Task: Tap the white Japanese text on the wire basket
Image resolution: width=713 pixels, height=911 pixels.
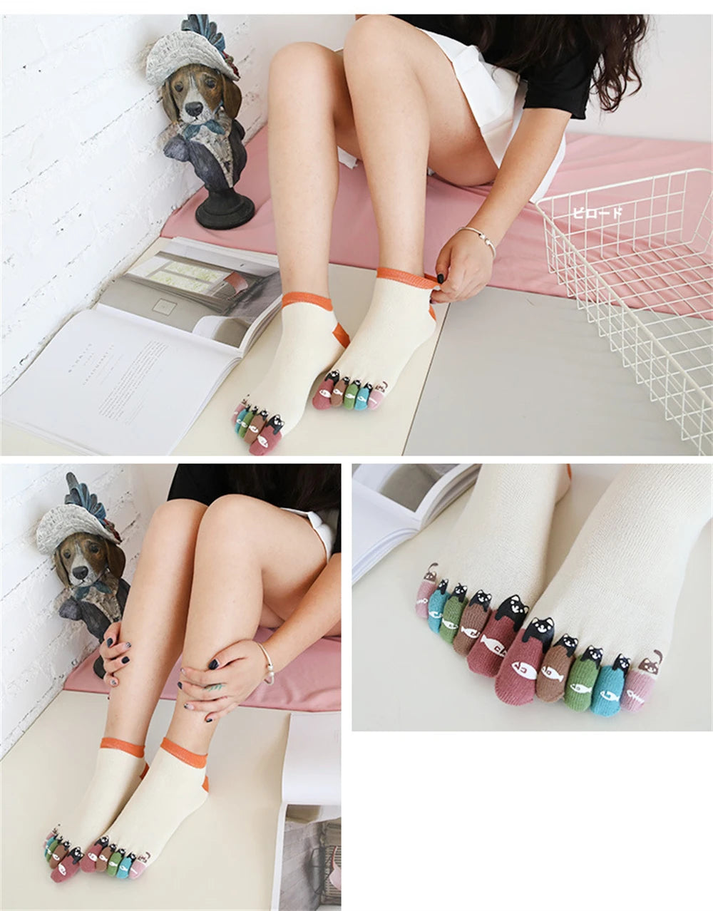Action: click(x=597, y=212)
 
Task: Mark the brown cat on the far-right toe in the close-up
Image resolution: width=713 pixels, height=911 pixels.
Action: click(x=650, y=663)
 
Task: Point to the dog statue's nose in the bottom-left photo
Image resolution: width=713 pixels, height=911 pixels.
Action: click(x=79, y=572)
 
